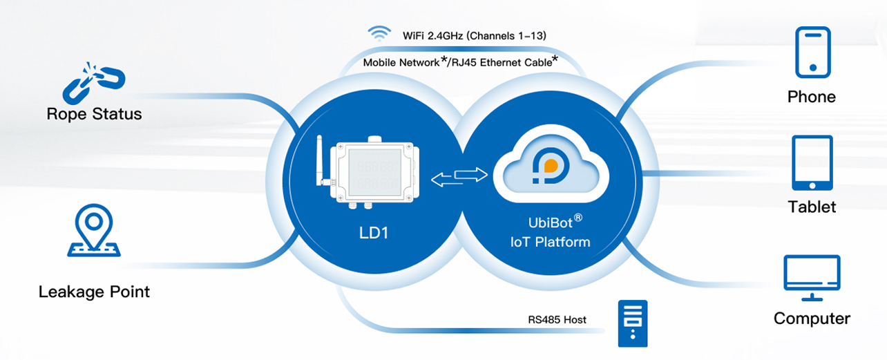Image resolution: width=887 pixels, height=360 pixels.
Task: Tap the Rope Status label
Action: [94, 114]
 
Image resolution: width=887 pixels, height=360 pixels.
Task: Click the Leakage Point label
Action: [94, 292]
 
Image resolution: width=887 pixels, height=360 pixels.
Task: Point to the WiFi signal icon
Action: [378, 33]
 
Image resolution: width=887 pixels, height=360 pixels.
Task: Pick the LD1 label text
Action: [373, 234]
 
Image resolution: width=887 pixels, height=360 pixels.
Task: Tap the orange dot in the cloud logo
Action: [551, 167]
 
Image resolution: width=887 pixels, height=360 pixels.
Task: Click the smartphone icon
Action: [812, 52]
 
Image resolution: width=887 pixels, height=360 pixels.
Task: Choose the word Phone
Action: [812, 97]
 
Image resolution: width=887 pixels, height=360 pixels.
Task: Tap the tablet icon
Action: [812, 163]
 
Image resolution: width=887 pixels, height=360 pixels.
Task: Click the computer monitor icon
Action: [812, 278]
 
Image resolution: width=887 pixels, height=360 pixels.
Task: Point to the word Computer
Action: [812, 319]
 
